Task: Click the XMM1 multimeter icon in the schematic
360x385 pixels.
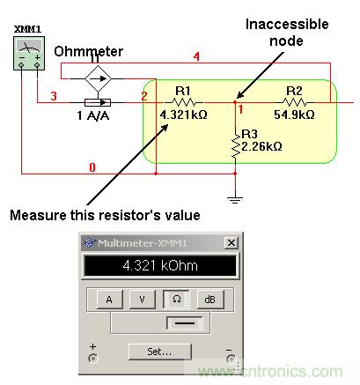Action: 29,53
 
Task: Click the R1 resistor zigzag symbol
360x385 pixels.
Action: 184,102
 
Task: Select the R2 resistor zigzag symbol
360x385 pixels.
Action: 295,102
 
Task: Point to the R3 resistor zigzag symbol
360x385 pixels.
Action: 235,147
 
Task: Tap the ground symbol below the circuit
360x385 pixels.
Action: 235,200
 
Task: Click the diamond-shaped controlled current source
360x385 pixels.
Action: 98,78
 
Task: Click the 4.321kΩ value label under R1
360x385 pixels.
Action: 184,115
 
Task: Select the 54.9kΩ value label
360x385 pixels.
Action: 294,115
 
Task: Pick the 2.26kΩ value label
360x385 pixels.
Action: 261,146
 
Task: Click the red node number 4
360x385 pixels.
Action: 196,56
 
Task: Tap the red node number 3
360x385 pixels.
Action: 54,96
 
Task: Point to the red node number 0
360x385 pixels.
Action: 92,167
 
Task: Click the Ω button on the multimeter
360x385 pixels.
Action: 176,300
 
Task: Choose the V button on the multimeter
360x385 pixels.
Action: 143,300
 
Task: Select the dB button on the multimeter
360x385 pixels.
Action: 210,300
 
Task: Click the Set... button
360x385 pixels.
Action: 160,352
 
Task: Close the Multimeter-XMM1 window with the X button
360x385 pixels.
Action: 231,243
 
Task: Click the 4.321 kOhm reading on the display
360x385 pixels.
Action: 160,265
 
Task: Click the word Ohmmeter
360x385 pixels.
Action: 88,52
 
